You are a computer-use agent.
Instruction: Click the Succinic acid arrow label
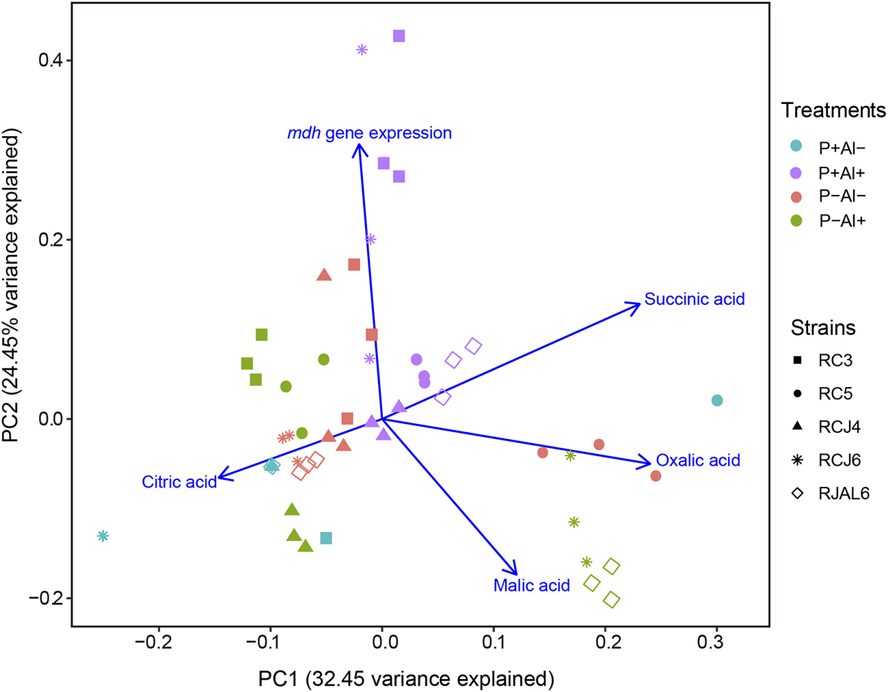click(695, 300)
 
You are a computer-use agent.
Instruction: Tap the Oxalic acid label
click(698, 461)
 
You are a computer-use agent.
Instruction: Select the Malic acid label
click(531, 585)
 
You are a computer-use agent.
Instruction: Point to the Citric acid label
click(179, 482)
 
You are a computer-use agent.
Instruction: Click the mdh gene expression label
click(369, 133)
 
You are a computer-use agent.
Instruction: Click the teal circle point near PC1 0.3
click(716, 401)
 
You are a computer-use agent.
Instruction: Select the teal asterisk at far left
click(103, 536)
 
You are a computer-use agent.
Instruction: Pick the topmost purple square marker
click(399, 36)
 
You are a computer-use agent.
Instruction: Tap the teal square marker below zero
click(326, 538)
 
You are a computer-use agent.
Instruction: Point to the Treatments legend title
click(833, 111)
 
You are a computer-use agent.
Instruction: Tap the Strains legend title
click(823, 328)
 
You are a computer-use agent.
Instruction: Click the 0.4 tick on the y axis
click(50, 60)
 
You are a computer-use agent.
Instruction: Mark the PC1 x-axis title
click(406, 679)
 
